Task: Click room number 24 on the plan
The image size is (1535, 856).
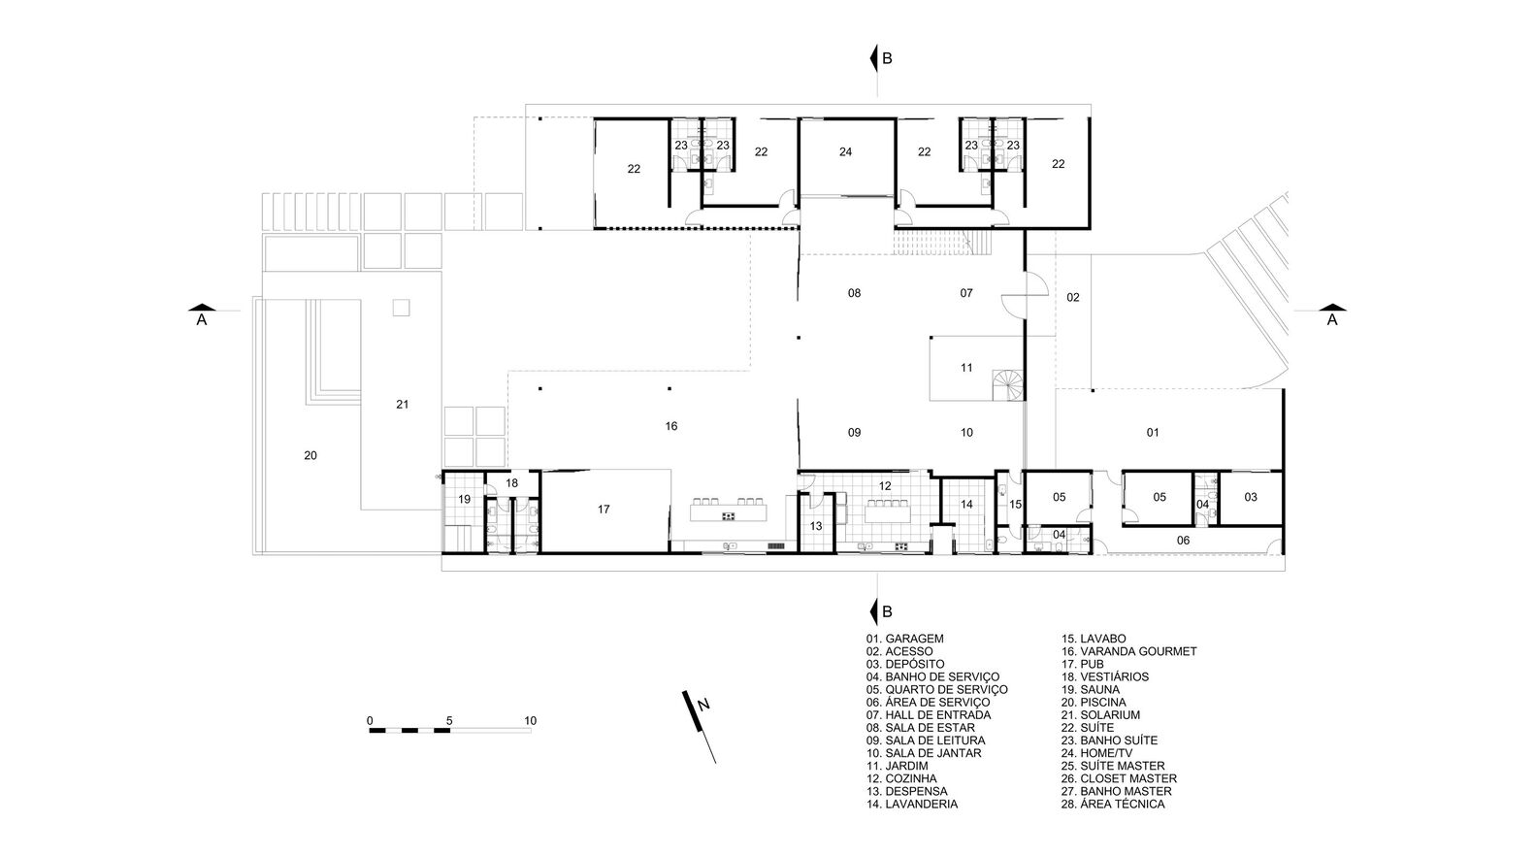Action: click(x=846, y=152)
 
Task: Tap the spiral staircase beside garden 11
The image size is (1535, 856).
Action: click(x=1007, y=385)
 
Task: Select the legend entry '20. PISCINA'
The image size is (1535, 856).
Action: click(x=1094, y=703)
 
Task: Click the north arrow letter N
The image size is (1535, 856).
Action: click(x=703, y=705)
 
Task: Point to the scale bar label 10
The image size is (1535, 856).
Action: click(x=531, y=721)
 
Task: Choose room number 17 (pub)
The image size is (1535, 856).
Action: click(x=604, y=510)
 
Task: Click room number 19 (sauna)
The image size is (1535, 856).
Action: click(x=465, y=500)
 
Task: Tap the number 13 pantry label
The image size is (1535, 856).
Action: click(x=816, y=526)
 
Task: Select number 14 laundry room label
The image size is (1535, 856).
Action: click(x=966, y=505)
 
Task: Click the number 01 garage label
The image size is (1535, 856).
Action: click(x=1153, y=433)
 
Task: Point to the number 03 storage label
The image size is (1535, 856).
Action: click(x=1251, y=498)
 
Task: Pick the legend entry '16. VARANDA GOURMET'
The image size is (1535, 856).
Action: click(x=1129, y=652)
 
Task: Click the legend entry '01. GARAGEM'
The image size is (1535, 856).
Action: click(x=904, y=639)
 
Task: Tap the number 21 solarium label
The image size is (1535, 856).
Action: click(x=403, y=405)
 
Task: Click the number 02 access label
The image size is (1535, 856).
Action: click(x=1073, y=297)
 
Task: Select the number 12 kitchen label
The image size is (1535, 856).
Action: click(x=885, y=486)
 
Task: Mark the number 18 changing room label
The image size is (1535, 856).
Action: click(x=512, y=483)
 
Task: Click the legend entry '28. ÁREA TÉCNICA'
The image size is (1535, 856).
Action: click(x=1113, y=804)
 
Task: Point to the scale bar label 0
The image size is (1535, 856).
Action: click(x=370, y=721)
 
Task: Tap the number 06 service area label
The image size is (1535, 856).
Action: click(x=1184, y=541)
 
